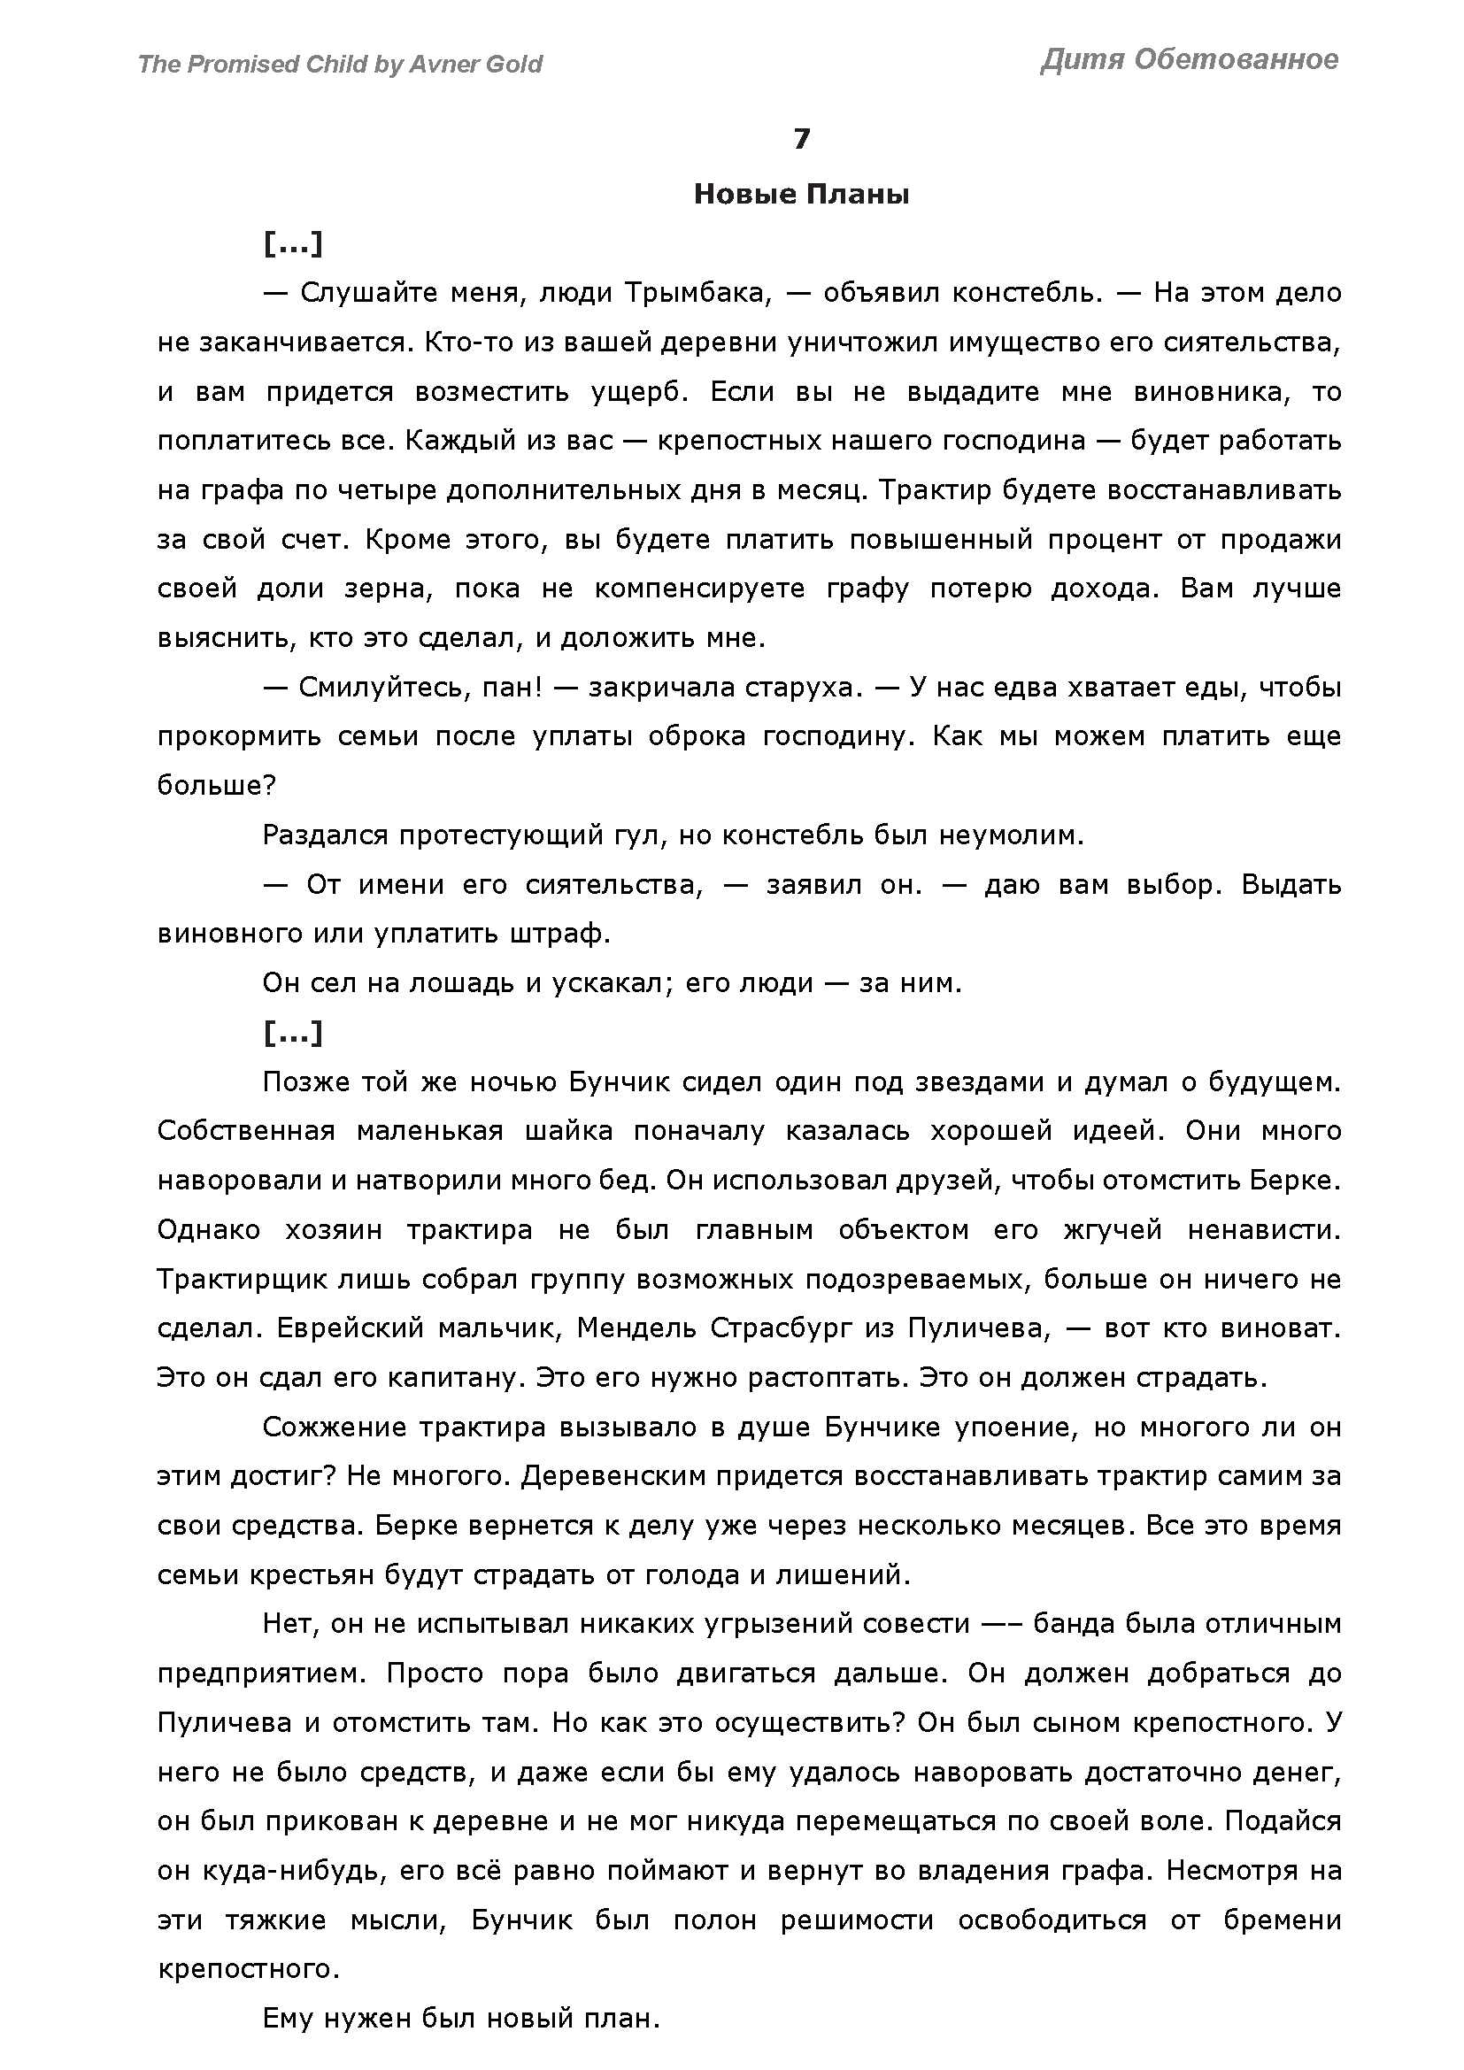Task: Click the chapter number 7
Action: pyautogui.click(x=801, y=139)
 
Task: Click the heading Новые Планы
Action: pyautogui.click(x=801, y=195)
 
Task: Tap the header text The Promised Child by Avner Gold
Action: pyautogui.click(x=340, y=64)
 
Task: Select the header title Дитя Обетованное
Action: pyautogui.click(x=1189, y=59)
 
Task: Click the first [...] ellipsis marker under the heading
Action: pyautogui.click(x=293, y=243)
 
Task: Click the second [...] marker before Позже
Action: pyautogui.click(x=293, y=1033)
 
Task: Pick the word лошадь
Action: pyautogui.click(x=463, y=983)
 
